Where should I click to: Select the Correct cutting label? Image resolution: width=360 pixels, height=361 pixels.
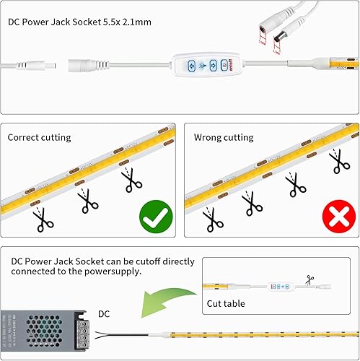(x=40, y=137)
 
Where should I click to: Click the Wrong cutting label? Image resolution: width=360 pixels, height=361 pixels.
(x=224, y=137)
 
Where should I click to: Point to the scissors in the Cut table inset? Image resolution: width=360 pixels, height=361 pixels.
(x=311, y=278)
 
